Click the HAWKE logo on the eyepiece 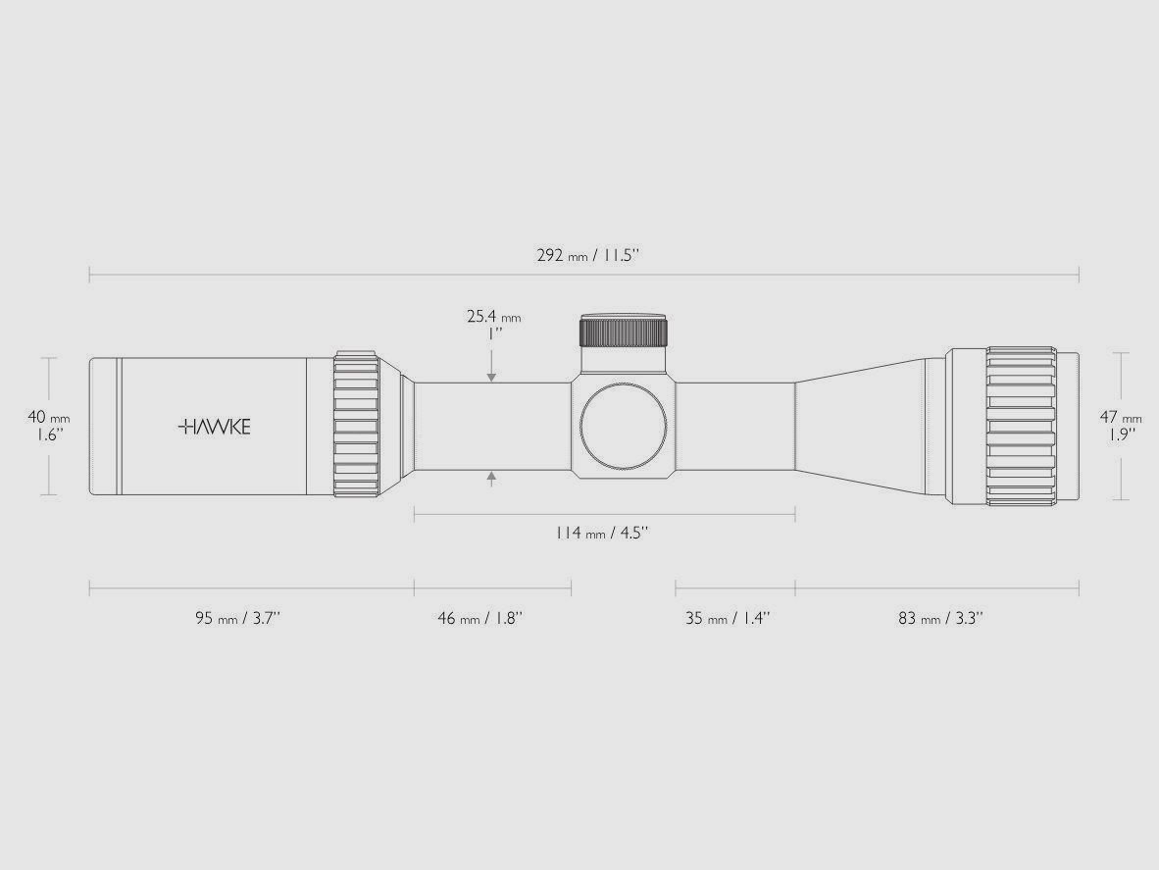215,427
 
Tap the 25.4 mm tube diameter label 493,317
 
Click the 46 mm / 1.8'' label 480,618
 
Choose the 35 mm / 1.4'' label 728,618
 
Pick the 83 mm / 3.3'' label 940,618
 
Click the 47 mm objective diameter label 1121,418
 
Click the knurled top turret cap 624,331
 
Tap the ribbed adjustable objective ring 1020,427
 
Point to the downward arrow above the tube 491,376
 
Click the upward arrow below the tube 491,478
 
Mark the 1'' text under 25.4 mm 494,333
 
